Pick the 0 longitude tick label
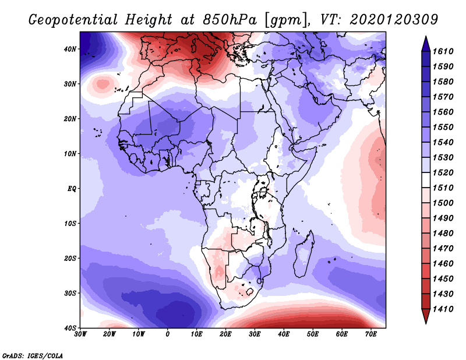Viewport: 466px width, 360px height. (x=168, y=334)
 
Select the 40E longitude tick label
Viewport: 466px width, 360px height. (x=284, y=334)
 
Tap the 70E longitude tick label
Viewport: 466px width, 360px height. (x=371, y=334)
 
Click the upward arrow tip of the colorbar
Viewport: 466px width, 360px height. (x=426, y=37)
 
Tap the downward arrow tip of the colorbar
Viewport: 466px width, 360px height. (x=426, y=322)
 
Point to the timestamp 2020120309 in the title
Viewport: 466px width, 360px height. (x=394, y=19)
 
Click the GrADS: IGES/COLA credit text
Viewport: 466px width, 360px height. (x=33, y=354)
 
